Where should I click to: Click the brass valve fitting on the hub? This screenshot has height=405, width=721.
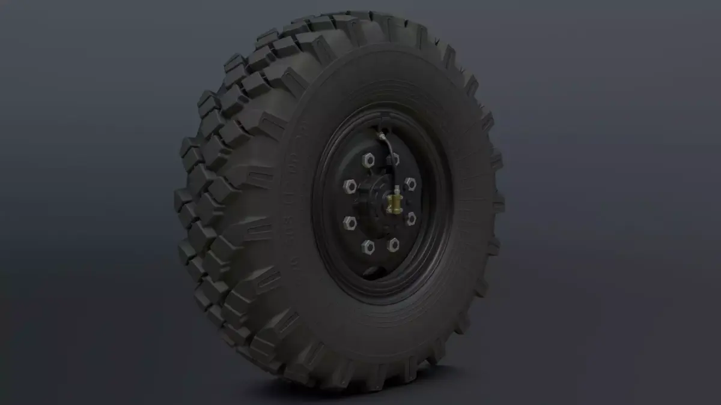coord(395,202)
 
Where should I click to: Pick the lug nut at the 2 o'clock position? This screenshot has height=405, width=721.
coord(410,183)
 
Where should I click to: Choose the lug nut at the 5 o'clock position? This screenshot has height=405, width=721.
coord(393,244)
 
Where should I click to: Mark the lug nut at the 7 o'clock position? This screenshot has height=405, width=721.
coord(367,245)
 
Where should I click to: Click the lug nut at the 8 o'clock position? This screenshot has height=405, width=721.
coord(349,223)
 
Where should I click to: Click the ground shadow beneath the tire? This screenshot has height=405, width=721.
coord(385,393)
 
